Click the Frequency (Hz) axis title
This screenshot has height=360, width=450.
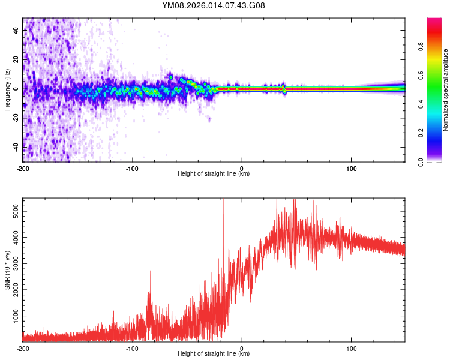pyautogui.click(x=7, y=90)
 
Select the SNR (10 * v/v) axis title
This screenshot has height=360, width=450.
pyautogui.click(x=7, y=270)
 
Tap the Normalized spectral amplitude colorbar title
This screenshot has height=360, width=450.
pyautogui.click(x=445, y=90)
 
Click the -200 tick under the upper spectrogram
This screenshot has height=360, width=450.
pyautogui.click(x=23, y=167)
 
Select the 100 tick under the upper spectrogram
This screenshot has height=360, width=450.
pyautogui.click(x=351, y=167)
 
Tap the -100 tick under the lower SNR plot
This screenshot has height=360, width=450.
pyautogui.click(x=132, y=347)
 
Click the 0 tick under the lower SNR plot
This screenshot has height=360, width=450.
pyautogui.click(x=242, y=347)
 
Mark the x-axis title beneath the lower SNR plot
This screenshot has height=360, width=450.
pyautogui.click(x=214, y=354)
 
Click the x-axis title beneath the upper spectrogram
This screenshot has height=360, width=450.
pyautogui.click(x=214, y=174)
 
